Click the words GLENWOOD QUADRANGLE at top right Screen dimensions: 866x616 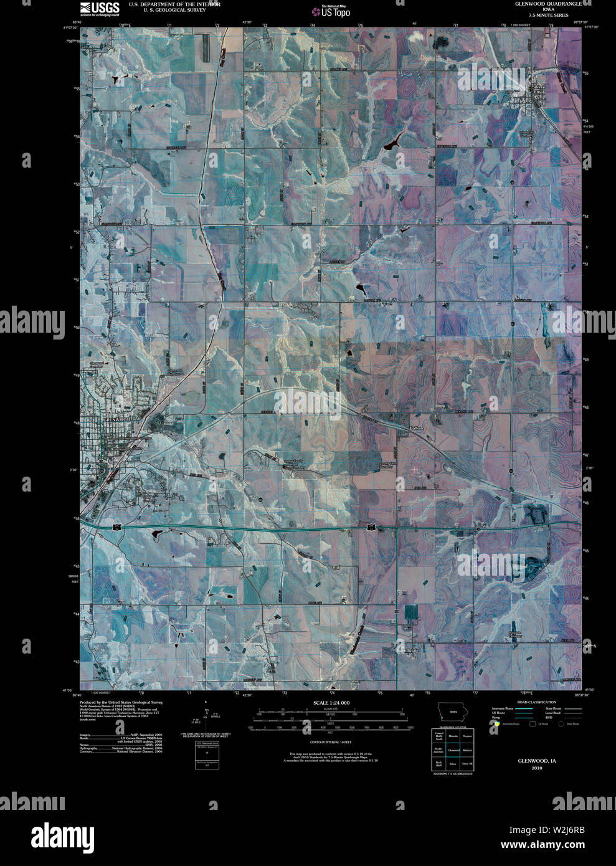coord(549,4)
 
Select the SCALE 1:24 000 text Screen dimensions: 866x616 coord(332,703)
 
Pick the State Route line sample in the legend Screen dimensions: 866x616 coord(573,709)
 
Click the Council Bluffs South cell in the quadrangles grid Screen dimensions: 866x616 coord(439,736)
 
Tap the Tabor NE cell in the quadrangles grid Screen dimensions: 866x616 coord(467,764)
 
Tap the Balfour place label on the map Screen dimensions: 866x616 coord(416,429)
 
